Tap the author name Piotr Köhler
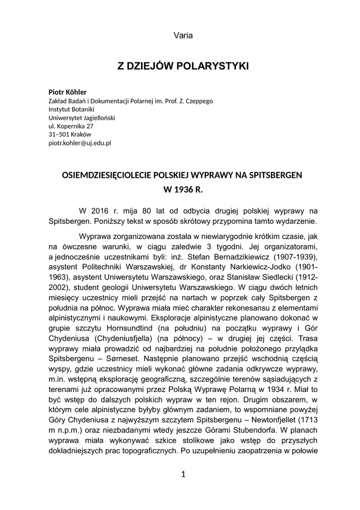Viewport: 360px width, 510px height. [x=67, y=92]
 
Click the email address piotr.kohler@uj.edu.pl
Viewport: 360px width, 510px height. [x=80, y=143]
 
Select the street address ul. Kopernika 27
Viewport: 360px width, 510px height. [x=71, y=126]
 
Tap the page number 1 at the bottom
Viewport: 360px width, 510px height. [x=183, y=474]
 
